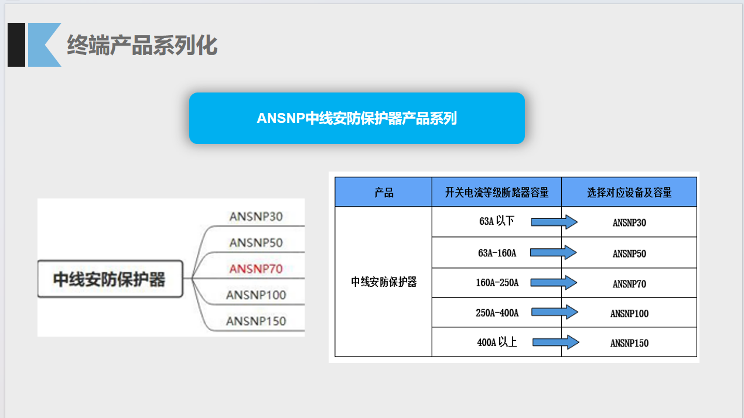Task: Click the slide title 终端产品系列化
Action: pos(142,45)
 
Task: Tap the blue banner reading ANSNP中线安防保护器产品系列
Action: pos(357,118)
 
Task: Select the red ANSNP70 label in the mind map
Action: pos(256,269)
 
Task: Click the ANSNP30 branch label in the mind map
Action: pos(256,217)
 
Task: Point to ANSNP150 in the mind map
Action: pos(256,321)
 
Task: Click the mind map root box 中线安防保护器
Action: pos(110,279)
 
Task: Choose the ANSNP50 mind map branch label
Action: pos(256,242)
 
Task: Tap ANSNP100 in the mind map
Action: pos(256,294)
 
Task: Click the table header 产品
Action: pos(384,193)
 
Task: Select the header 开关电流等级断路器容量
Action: pos(497,193)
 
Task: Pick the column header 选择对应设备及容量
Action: pos(629,193)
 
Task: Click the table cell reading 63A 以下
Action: pos(496,221)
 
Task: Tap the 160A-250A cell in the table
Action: pos(497,283)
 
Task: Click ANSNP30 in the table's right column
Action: pos(629,222)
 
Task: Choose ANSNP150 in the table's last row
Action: pos(629,343)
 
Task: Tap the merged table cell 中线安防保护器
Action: pos(384,282)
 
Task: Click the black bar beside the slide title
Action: pos(16,44)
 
